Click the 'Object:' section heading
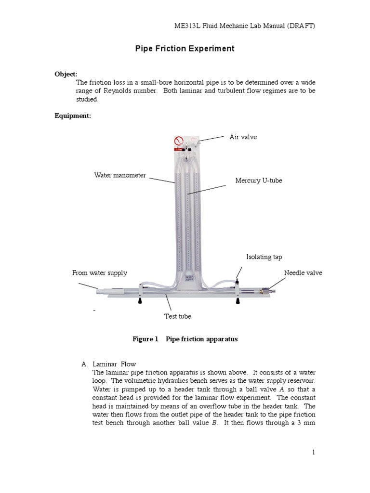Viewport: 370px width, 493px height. coord(66,74)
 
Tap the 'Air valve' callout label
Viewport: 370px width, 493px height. coord(243,137)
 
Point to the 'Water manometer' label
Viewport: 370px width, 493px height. coord(119,175)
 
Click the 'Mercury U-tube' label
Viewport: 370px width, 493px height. coord(258,181)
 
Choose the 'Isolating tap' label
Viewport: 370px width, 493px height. coord(264,257)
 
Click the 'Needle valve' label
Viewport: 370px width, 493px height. coord(303,272)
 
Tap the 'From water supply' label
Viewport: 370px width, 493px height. coord(99,272)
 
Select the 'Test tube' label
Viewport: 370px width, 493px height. coord(177,316)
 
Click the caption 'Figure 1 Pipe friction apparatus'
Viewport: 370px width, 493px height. coord(185,339)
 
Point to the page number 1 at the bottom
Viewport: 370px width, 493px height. coord(313,452)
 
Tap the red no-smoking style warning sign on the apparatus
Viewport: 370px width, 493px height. coord(178,141)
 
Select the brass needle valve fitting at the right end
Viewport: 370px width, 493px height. coord(265,291)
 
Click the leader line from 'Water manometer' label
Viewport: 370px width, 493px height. coord(162,180)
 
